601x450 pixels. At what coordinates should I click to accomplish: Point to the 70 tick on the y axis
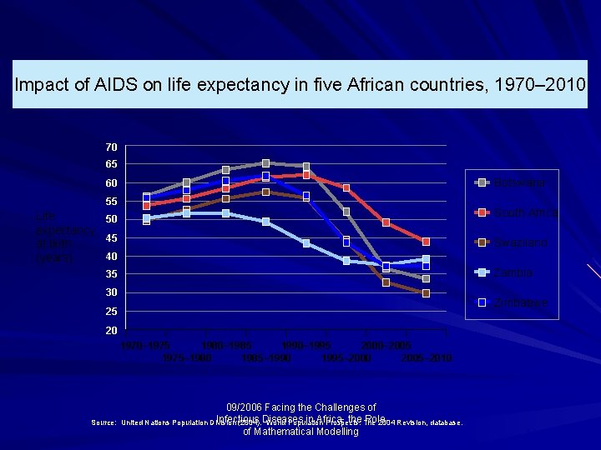point(111,147)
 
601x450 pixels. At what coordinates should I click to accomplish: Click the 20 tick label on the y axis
point(111,330)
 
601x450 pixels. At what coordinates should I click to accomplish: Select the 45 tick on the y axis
point(111,238)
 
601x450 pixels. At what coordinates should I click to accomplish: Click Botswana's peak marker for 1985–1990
point(265,163)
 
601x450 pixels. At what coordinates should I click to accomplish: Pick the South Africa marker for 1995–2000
point(346,188)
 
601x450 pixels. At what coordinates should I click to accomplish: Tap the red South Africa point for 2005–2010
point(426,242)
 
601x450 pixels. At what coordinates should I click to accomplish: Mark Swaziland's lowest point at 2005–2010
point(426,293)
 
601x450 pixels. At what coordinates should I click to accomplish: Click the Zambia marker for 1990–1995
point(306,243)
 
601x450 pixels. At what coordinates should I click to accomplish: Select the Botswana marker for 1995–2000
point(346,212)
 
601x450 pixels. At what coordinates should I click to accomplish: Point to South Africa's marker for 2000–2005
point(386,222)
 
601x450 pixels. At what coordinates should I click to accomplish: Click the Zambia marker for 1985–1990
point(265,222)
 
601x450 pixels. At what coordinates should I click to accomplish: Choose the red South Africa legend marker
point(482,212)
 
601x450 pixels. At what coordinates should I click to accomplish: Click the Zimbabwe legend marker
point(482,302)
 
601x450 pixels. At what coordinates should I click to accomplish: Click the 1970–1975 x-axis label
point(146,345)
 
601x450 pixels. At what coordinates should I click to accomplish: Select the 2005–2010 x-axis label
point(426,357)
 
